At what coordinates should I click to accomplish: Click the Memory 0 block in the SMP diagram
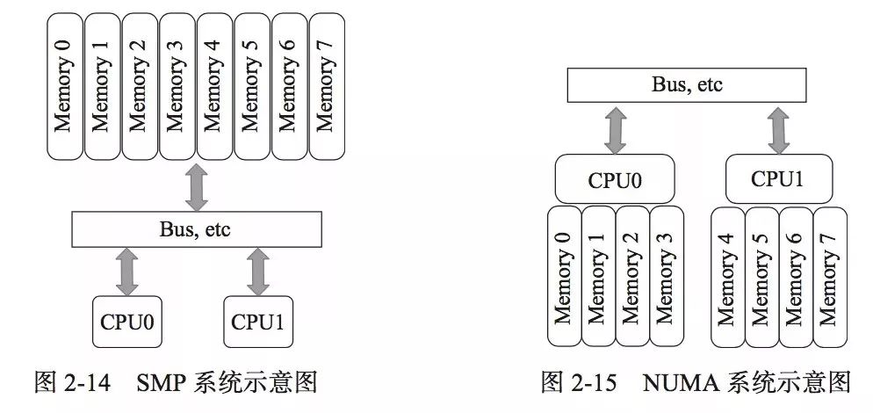[66, 86]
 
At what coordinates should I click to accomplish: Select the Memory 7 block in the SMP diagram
[326, 86]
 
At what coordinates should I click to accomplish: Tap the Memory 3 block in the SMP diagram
[177, 86]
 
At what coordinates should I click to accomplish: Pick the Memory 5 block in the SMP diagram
[252, 86]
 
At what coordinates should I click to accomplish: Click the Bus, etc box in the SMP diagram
[197, 230]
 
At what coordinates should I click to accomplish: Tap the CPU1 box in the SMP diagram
[259, 322]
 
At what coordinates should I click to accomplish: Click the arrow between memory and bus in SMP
[197, 187]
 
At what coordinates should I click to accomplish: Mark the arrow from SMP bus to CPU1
[258, 272]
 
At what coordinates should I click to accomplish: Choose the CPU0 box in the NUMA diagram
[615, 180]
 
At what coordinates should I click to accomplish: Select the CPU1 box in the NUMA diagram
[778, 179]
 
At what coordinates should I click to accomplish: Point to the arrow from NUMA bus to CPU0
[615, 130]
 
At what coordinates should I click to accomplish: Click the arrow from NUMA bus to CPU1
[778, 130]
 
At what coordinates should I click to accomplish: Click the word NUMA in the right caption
[675, 382]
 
